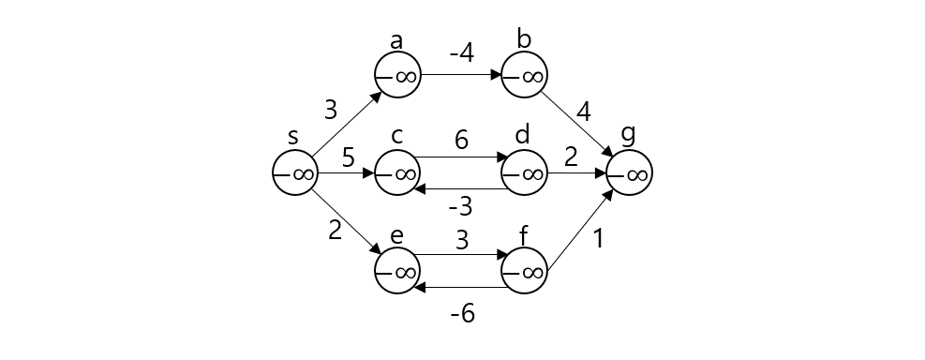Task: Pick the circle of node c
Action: coord(397,172)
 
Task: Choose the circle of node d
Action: coord(524,172)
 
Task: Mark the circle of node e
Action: coord(397,271)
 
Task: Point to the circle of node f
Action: coord(524,271)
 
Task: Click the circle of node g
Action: coord(629,172)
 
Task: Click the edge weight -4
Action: coord(460,53)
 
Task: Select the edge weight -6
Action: coord(460,314)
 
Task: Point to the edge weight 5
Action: coord(348,157)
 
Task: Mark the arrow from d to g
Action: coord(576,172)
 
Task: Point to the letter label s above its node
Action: coord(293,137)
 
